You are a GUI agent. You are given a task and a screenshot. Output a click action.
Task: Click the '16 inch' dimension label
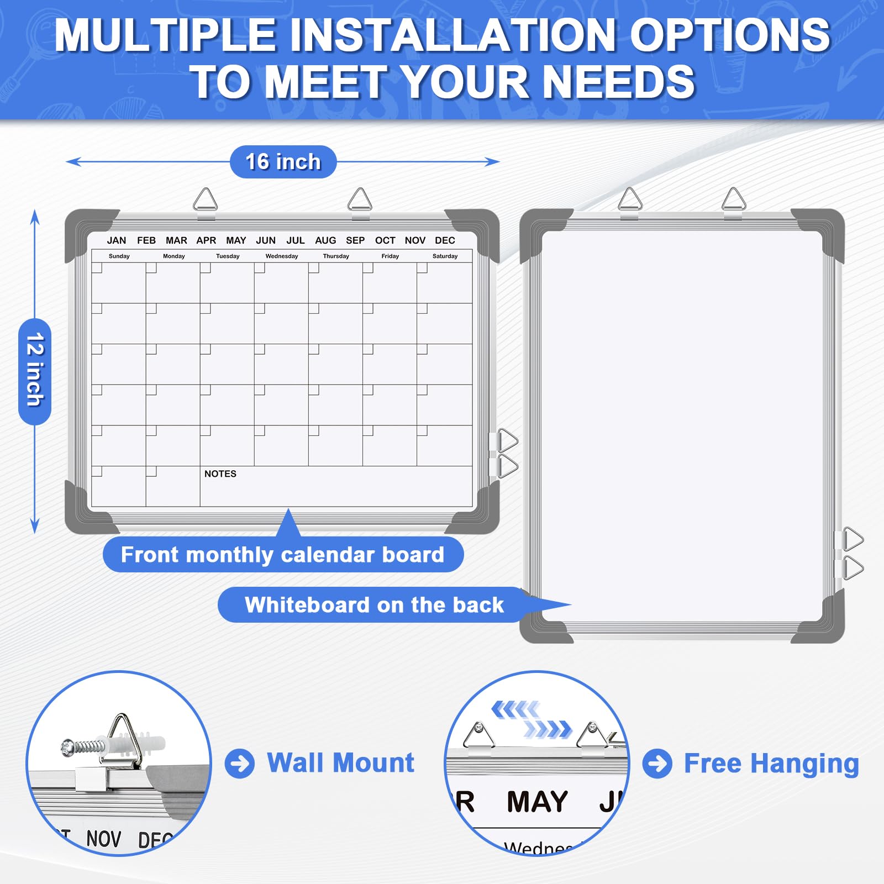click(x=283, y=162)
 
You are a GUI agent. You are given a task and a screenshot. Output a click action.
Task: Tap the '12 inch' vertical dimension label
click(x=35, y=370)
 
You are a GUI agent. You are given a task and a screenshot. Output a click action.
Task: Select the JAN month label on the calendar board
click(x=117, y=240)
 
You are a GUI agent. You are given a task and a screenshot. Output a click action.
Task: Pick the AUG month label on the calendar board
click(x=325, y=240)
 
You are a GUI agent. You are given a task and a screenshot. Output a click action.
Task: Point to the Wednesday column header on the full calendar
click(x=282, y=256)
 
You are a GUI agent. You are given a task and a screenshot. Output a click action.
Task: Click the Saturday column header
click(x=445, y=256)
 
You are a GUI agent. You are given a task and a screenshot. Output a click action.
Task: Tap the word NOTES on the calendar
click(x=220, y=474)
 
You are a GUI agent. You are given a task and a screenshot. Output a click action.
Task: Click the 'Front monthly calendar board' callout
click(x=282, y=555)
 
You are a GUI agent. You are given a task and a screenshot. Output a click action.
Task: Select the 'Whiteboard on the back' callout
click(x=374, y=605)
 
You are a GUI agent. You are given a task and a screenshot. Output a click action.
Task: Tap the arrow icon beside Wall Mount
click(x=240, y=764)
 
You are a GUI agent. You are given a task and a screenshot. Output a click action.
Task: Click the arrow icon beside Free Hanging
click(x=657, y=764)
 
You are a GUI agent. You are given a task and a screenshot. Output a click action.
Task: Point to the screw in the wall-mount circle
click(x=83, y=748)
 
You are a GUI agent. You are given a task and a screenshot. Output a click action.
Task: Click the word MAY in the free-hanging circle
click(x=537, y=802)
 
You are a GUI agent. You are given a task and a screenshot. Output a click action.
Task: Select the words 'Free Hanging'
click(x=771, y=764)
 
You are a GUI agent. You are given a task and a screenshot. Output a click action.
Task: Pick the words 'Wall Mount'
click(x=340, y=763)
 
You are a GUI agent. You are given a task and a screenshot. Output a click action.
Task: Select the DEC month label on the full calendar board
click(x=445, y=240)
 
